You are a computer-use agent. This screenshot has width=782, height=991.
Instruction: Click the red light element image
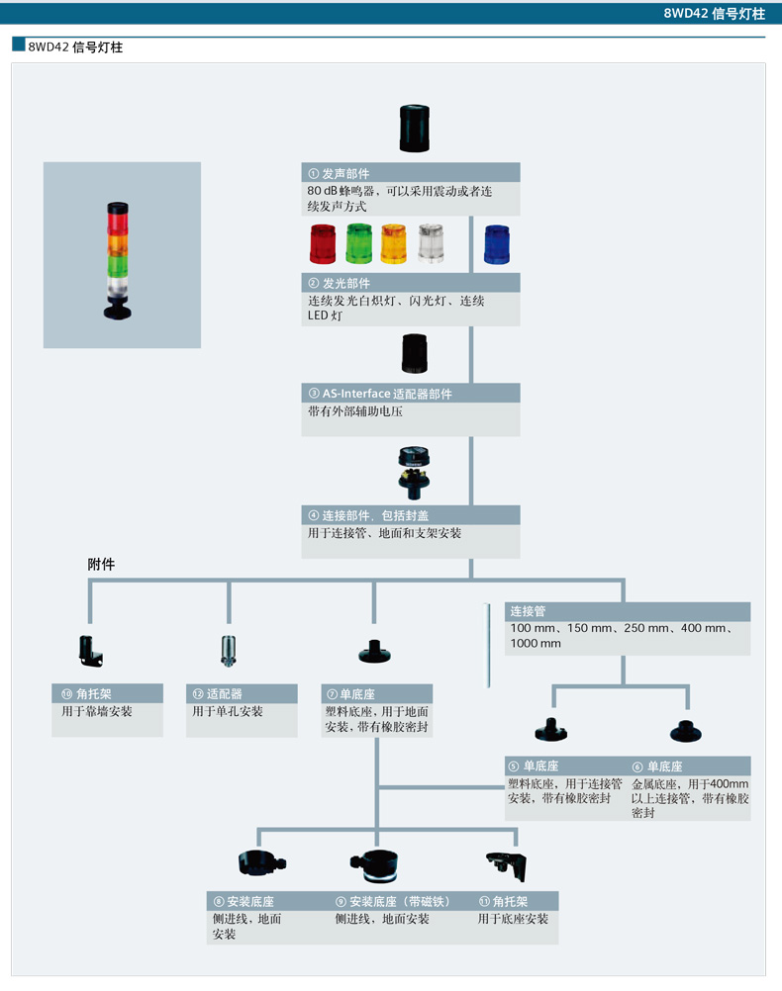click(x=323, y=243)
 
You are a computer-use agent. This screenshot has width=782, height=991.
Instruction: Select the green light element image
click(x=358, y=243)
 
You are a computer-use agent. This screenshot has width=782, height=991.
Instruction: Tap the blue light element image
click(x=497, y=244)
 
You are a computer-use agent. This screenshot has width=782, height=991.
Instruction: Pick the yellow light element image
click(x=394, y=243)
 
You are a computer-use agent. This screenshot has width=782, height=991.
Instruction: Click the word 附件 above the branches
click(x=101, y=565)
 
